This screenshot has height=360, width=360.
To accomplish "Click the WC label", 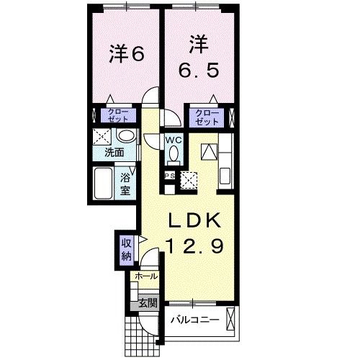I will [173, 138].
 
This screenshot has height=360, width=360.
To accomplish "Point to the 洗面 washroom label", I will [112, 153].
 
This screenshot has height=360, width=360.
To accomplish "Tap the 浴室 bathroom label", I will [125, 185].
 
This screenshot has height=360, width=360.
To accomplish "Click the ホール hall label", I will [145, 276].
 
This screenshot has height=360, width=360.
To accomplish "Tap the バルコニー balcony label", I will [194, 319].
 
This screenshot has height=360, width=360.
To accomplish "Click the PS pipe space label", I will [170, 176].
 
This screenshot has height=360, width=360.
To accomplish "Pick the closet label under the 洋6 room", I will [115, 115].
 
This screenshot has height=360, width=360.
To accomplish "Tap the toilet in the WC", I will [173, 153].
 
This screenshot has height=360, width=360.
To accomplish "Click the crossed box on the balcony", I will [230, 319].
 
